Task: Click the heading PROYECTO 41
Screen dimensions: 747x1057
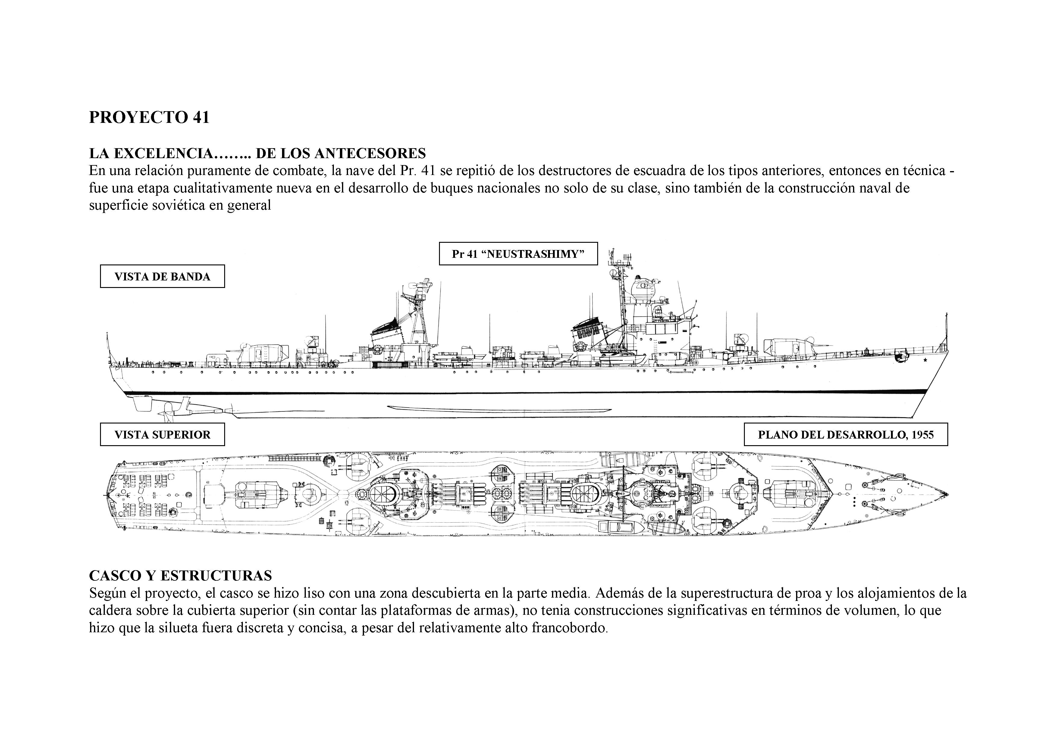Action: click(x=149, y=117)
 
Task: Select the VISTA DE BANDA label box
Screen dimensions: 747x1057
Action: click(x=162, y=277)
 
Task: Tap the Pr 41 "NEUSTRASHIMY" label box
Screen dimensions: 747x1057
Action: click(x=518, y=254)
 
